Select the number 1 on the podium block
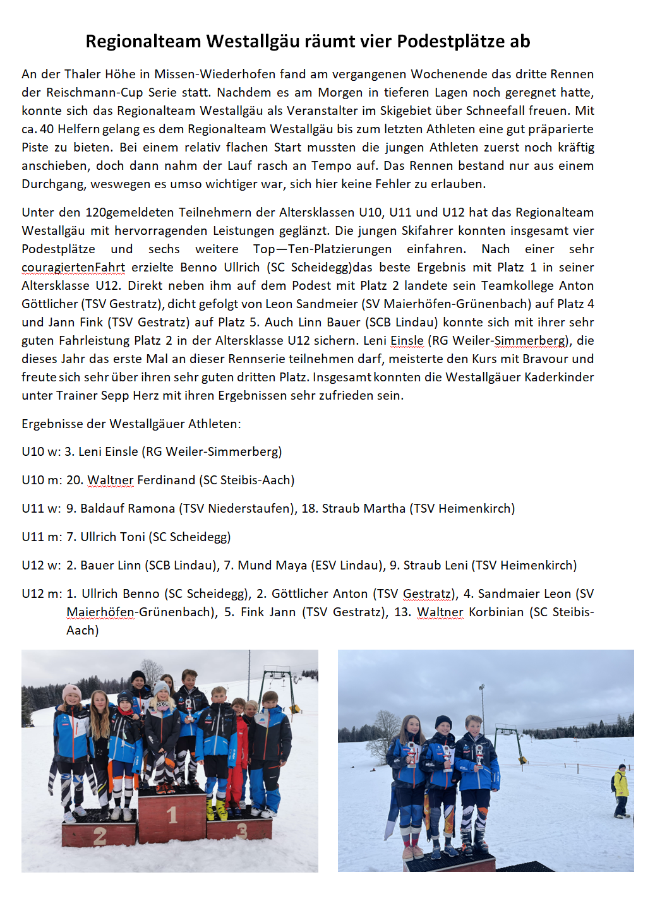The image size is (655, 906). [172, 815]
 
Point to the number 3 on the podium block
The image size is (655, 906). [241, 831]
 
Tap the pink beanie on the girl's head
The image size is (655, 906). [71, 691]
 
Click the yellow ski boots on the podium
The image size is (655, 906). [215, 809]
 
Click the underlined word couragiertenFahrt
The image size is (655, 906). [73, 268]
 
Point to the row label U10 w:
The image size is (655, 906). [41, 452]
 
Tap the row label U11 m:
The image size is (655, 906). [42, 537]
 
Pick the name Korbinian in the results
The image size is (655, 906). [496, 612]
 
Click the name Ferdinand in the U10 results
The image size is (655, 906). [166, 480]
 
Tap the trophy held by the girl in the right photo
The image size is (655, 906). [412, 753]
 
